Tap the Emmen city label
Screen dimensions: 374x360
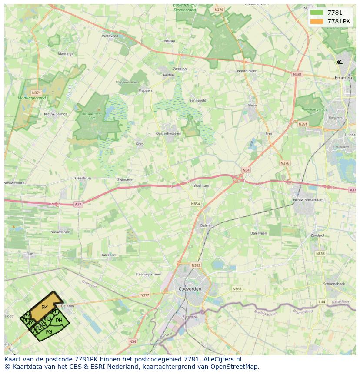coord(343,78)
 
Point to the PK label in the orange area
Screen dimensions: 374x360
coord(44,308)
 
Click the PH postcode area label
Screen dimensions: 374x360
coord(59,321)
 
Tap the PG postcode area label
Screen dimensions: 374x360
coord(49,332)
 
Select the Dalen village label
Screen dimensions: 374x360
coord(205,225)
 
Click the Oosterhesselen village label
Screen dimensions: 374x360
coord(169,133)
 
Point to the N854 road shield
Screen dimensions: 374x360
coord(195,203)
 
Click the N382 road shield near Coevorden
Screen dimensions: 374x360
coord(196,265)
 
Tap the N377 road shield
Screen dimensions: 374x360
coord(144,295)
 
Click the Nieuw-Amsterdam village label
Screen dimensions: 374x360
coord(308,200)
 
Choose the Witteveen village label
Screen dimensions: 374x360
coord(110,36)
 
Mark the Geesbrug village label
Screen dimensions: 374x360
coord(83,178)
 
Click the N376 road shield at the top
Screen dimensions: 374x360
coord(219,10)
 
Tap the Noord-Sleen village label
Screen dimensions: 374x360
coord(247,71)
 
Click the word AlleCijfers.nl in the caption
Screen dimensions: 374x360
coord(222,359)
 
